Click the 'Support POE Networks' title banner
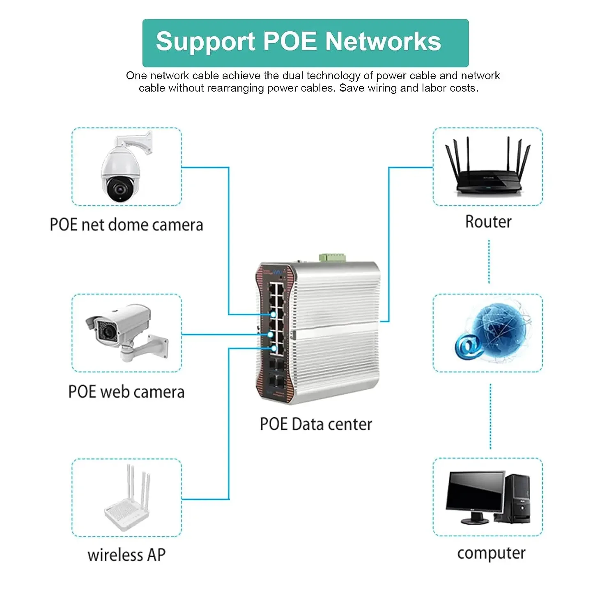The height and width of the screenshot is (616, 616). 305,43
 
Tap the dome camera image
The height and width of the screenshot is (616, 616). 123,168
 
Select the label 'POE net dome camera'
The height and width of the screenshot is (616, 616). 126,225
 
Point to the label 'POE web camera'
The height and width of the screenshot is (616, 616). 126,392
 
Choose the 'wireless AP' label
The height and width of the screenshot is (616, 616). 126,555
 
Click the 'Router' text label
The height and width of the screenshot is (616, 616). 488,222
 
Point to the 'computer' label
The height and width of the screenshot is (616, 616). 491,553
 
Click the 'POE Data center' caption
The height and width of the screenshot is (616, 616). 315,424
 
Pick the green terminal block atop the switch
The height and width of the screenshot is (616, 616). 332,258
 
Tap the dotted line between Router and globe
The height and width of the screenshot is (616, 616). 489,262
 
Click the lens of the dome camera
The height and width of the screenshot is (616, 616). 120,189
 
